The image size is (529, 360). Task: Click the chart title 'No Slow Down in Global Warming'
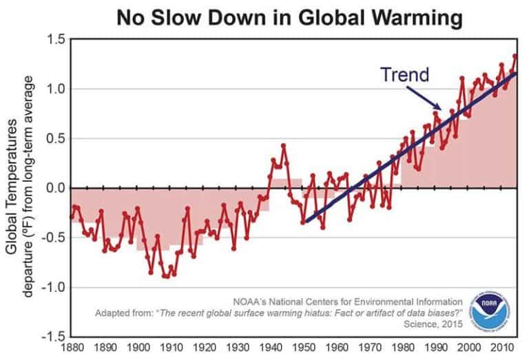[x=289, y=17]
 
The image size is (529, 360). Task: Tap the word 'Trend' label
[x=406, y=74]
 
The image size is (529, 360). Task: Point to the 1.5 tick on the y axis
[x=54, y=40]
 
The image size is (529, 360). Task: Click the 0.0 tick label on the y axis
[x=54, y=188]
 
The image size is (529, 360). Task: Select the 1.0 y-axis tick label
[x=54, y=89]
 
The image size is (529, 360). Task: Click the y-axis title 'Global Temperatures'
[x=13, y=184]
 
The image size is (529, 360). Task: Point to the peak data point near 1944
[x=283, y=145]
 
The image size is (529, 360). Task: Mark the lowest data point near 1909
[x=166, y=276]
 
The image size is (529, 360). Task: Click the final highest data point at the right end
[x=515, y=56]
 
